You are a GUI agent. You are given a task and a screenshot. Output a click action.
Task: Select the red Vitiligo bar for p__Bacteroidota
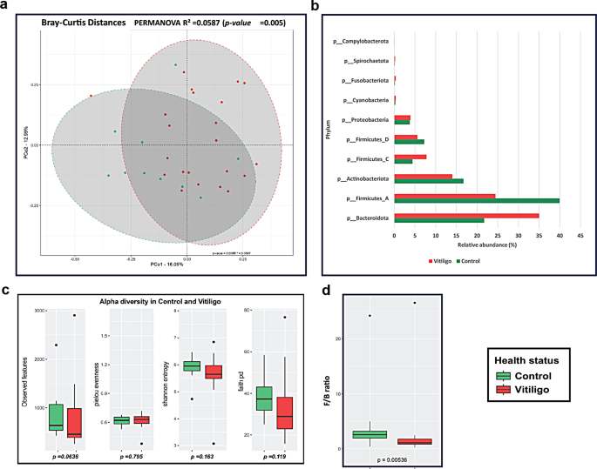[x=466, y=215]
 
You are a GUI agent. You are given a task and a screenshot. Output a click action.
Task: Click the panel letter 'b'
[x=315, y=6]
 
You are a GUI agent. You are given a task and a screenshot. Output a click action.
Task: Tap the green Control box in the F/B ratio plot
[x=370, y=434]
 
